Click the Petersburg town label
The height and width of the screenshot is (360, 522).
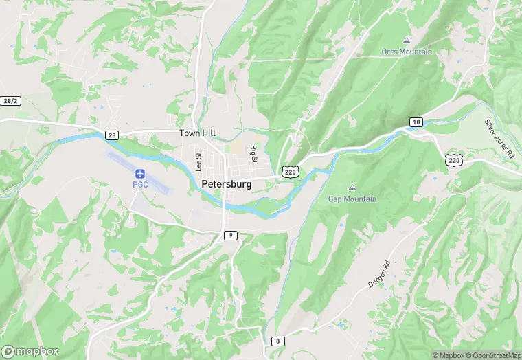point(227,184)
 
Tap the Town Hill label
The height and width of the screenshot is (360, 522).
point(197,133)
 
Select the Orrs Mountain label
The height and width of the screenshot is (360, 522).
point(407,52)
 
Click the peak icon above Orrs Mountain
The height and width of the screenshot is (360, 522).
point(407,40)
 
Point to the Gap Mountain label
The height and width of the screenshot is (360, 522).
point(352,199)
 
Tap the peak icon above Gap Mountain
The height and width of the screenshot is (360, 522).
point(352,187)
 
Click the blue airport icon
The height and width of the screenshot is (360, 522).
point(141,172)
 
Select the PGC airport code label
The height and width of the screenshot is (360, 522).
point(141,184)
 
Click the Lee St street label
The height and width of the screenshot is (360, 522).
point(198,161)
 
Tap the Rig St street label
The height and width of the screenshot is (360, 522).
point(253,154)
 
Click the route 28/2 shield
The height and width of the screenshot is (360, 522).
point(10,101)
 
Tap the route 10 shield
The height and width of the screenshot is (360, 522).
point(416,122)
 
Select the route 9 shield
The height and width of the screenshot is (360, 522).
point(230,236)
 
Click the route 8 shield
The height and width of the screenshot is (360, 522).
point(277,341)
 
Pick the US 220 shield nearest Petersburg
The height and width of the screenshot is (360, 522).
point(290,171)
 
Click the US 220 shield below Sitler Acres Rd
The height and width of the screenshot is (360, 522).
point(453,160)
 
